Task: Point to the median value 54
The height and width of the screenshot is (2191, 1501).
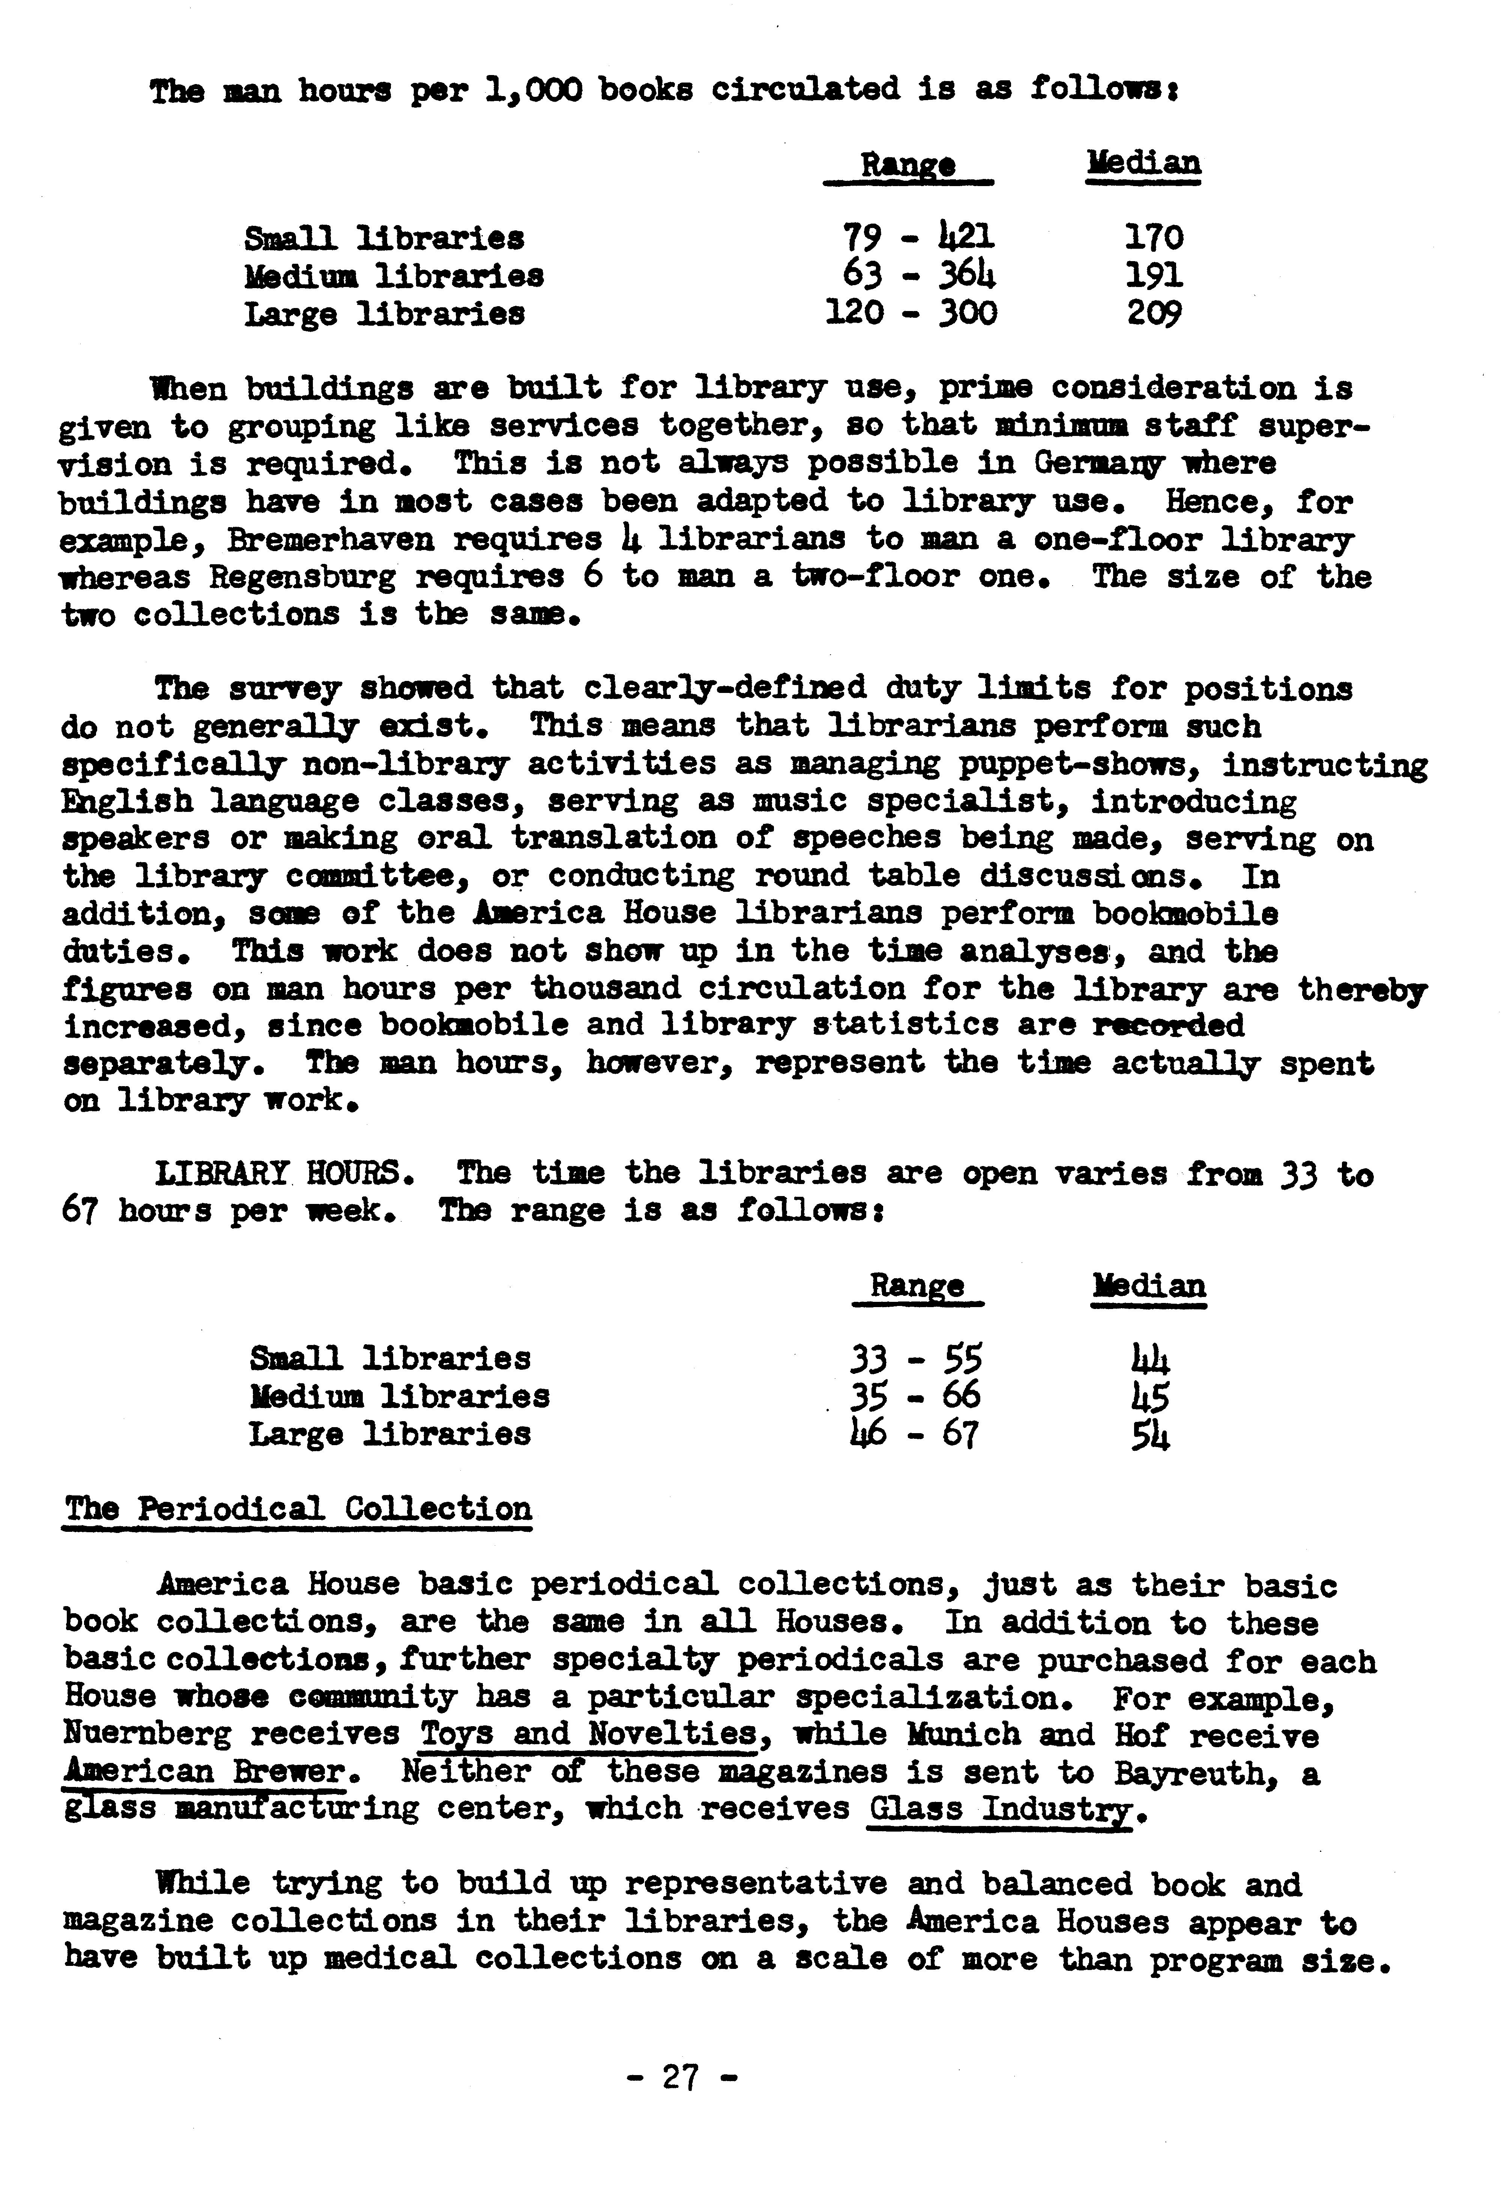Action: pos(1150,1435)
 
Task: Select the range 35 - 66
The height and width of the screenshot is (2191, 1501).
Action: pos(915,1396)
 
